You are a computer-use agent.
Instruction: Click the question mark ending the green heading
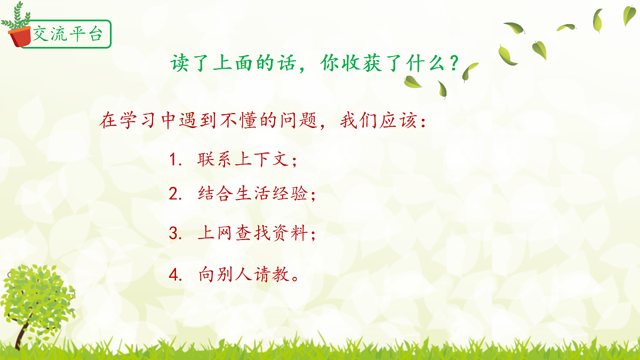(x=454, y=63)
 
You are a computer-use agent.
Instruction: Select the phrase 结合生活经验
(x=253, y=194)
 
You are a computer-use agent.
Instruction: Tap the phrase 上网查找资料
(x=253, y=234)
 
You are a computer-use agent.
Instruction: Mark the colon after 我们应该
(x=423, y=122)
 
